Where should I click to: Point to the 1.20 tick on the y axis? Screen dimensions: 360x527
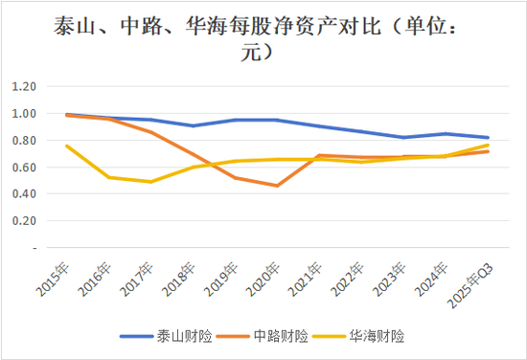pos(23,86)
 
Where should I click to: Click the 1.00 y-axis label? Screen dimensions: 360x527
pos(23,113)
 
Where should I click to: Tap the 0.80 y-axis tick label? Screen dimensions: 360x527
pos(23,141)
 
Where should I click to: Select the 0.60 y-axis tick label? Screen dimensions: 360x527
pos(23,168)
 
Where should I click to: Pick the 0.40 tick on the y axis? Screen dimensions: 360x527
pos(23,194)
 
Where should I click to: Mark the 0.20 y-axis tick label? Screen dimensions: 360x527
pos(23,221)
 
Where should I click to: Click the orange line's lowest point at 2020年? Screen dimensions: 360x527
pos(278,186)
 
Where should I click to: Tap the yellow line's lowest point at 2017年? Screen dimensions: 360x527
pos(149,182)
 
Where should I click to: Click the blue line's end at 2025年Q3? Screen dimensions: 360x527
pos(489,137)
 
